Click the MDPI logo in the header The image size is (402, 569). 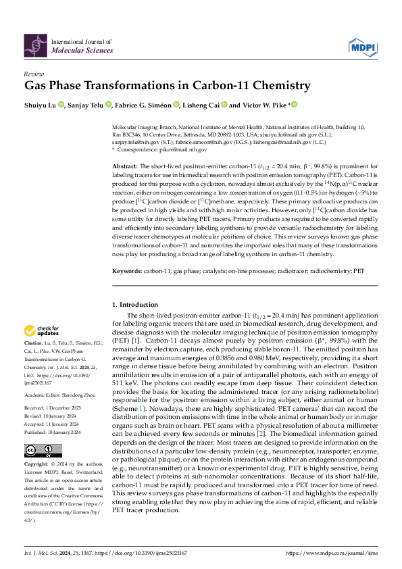[362, 46]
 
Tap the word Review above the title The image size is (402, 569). [34, 74]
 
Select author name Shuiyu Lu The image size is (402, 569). [41, 105]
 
